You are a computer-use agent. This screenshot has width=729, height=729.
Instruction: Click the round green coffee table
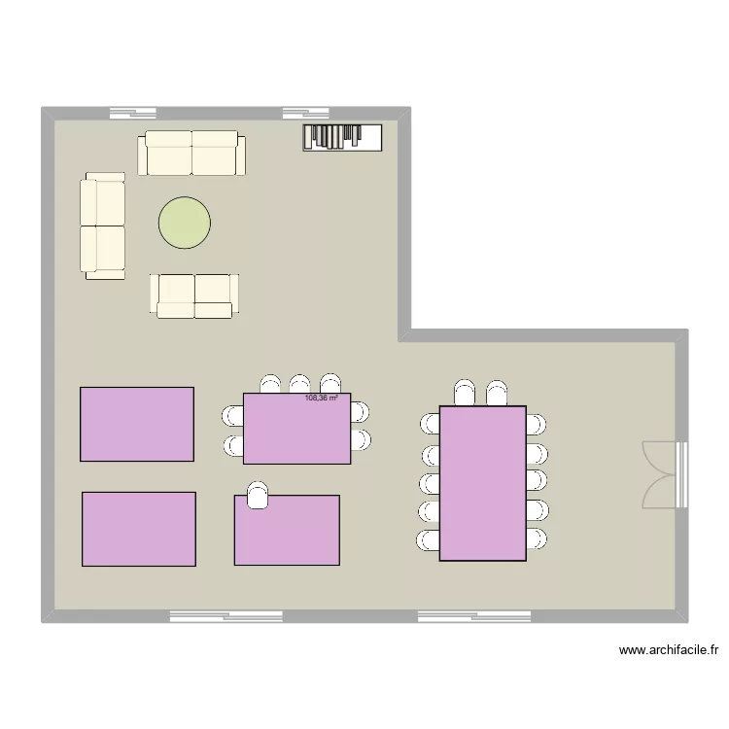(185, 222)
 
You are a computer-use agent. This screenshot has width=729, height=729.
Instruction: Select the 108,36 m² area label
(321, 398)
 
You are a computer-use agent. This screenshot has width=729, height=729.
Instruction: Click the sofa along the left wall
(103, 226)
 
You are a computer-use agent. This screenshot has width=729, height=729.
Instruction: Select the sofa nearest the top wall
(192, 154)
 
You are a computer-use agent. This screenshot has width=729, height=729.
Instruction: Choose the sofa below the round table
(194, 295)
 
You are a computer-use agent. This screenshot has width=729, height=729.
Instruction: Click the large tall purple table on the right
(482, 483)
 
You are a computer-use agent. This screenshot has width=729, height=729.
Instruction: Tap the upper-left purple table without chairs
(137, 424)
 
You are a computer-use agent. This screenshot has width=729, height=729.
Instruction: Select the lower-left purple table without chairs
(139, 529)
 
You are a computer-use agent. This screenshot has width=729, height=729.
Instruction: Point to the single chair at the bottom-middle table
(258, 495)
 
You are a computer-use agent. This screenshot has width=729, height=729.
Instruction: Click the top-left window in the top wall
(133, 112)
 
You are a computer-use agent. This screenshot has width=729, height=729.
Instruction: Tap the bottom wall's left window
(226, 616)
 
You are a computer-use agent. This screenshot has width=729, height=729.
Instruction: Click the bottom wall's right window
(474, 616)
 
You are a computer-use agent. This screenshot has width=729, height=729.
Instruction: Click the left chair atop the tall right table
(465, 393)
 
